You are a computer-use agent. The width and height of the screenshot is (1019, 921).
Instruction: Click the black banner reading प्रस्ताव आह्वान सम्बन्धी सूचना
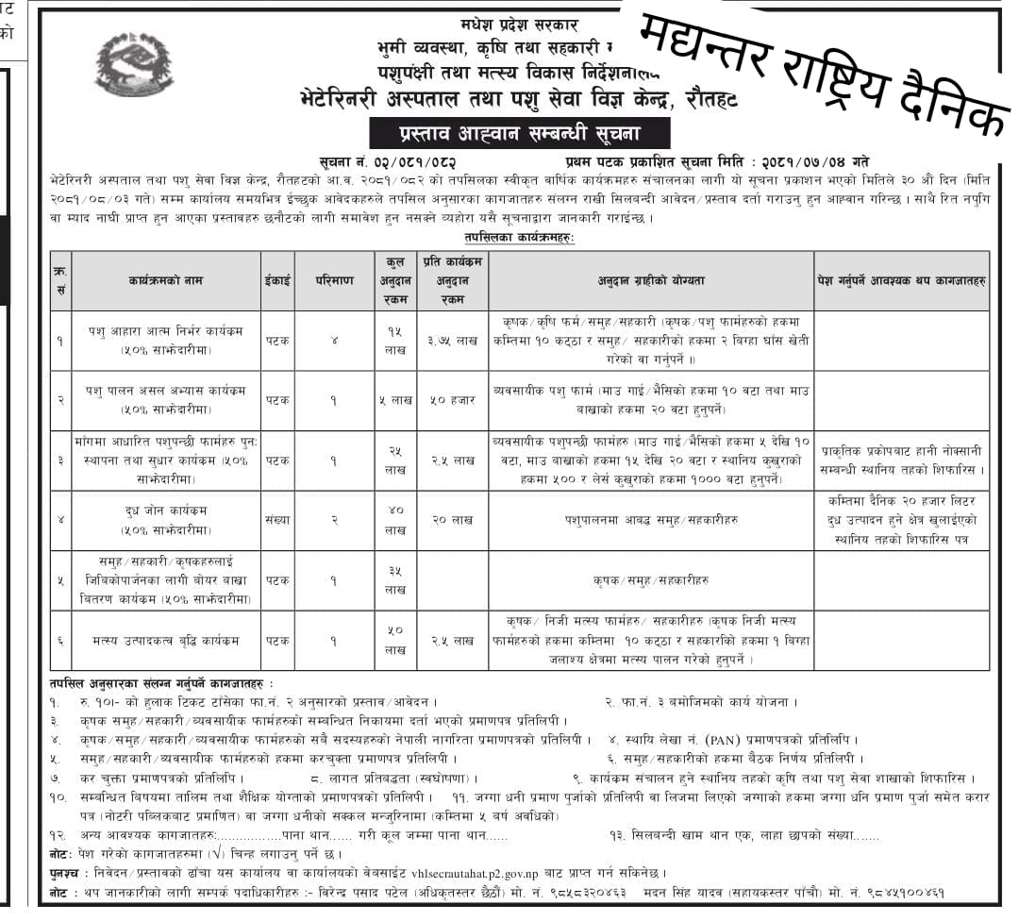(520, 132)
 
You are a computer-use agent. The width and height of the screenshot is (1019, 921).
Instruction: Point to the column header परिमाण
(334, 280)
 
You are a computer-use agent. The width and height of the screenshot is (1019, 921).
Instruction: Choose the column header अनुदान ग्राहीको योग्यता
(650, 280)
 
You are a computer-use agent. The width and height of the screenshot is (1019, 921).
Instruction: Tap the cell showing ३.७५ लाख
(453, 341)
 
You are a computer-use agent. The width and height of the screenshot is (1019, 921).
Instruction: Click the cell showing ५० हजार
(453, 399)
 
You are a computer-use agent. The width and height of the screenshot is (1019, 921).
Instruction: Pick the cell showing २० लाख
(453, 520)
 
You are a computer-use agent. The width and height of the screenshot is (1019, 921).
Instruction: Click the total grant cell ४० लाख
(394, 520)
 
